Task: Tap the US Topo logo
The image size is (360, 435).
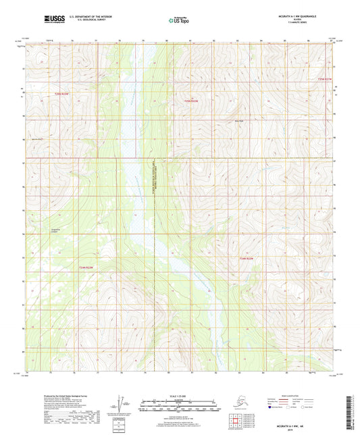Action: tap(177, 20)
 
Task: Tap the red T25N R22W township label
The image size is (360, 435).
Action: tap(192, 101)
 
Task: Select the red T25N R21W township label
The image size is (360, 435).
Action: tap(325, 79)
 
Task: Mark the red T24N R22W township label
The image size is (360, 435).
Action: tap(246, 258)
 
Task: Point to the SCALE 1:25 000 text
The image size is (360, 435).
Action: tap(180, 395)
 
